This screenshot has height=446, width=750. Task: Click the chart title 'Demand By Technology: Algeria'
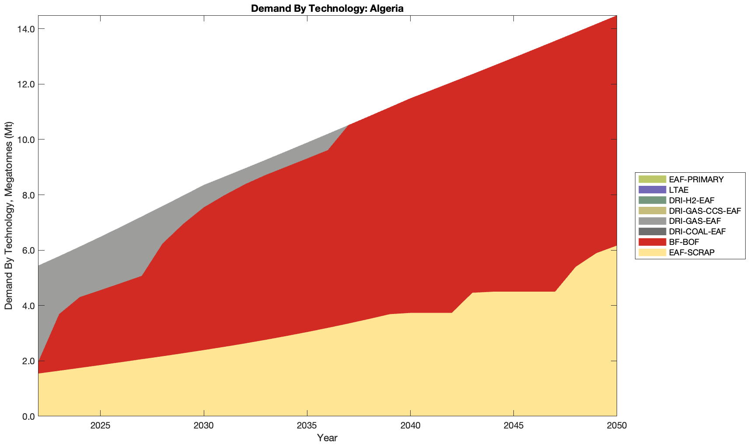point(327,8)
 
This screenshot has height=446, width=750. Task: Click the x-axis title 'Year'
point(327,438)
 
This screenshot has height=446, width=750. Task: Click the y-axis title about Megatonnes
point(8,216)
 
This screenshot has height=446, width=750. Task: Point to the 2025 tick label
point(100,426)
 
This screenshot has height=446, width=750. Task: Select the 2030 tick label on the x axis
point(204,426)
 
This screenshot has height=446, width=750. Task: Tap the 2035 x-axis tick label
point(307,426)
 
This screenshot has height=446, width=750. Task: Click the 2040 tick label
point(410,426)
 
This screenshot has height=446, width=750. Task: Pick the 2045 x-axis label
point(513,426)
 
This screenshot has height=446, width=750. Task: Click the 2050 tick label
point(617,426)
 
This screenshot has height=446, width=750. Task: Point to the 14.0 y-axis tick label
point(26,29)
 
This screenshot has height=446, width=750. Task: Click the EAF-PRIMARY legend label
point(696,180)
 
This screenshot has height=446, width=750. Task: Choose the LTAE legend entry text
point(679,190)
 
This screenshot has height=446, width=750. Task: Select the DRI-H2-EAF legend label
point(691,201)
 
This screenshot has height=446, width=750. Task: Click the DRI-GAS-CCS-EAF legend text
point(705,211)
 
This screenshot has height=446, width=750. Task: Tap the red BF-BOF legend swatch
point(652,242)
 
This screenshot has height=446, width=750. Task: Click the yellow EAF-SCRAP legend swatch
point(652,252)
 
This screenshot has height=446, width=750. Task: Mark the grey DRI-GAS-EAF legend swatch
point(652,221)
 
